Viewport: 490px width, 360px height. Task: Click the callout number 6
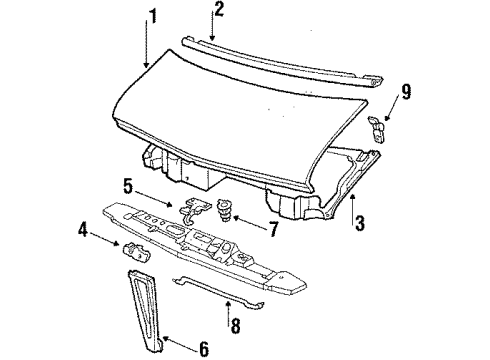pyautogui.click(x=203, y=349)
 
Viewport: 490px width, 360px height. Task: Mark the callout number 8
pyautogui.click(x=234, y=325)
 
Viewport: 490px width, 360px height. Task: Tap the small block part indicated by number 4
pyautogui.click(x=133, y=250)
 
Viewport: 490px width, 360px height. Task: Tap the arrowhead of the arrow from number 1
pyautogui.click(x=146, y=68)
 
